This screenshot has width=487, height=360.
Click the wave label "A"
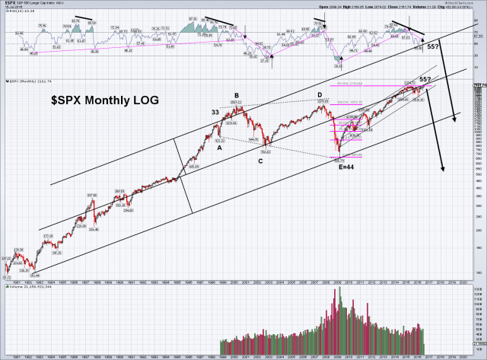(x=220, y=148)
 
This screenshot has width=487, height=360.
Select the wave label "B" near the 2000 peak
(x=237, y=96)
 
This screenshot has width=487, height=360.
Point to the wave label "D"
(x=320, y=94)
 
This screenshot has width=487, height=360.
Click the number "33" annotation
(x=215, y=113)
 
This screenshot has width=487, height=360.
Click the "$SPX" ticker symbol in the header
(x=11, y=4)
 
